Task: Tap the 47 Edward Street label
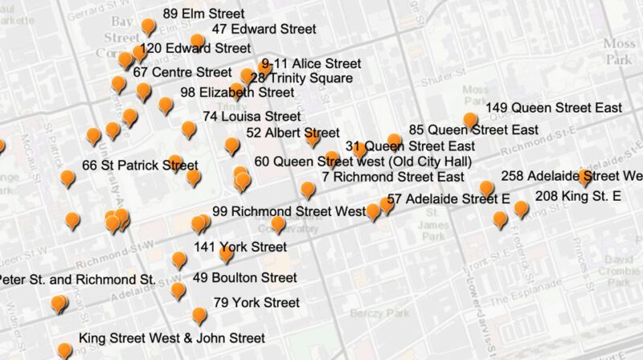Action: (x=264, y=29)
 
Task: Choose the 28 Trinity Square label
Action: (x=301, y=78)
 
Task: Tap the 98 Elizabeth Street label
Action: (x=237, y=92)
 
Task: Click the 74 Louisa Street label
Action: (x=252, y=117)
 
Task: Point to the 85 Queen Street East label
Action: (x=473, y=129)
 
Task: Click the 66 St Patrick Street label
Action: (x=140, y=166)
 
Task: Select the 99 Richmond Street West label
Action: (x=289, y=212)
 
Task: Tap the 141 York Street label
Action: (x=240, y=247)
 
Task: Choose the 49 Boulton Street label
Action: (x=245, y=278)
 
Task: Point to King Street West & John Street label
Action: (x=172, y=338)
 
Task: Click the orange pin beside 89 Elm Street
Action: (x=148, y=27)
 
